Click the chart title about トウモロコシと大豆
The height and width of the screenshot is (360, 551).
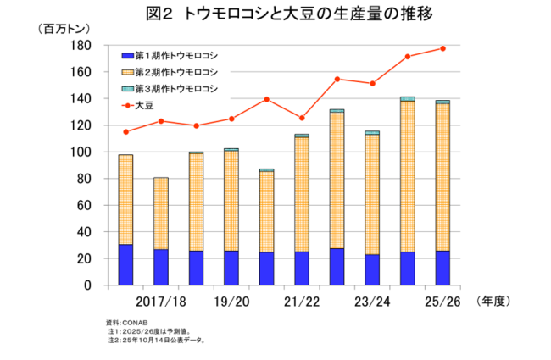click(275, 14)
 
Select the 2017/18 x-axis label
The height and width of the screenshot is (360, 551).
click(160, 302)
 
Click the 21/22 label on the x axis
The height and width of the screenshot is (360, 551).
click(301, 302)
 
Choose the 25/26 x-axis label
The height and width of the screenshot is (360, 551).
click(442, 302)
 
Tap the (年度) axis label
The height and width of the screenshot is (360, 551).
click(494, 301)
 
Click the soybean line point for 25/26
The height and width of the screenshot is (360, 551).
click(442, 48)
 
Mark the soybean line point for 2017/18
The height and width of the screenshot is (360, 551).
click(161, 121)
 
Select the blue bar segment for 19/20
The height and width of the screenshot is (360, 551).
click(231, 268)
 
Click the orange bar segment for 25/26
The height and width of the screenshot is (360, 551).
click(442, 177)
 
